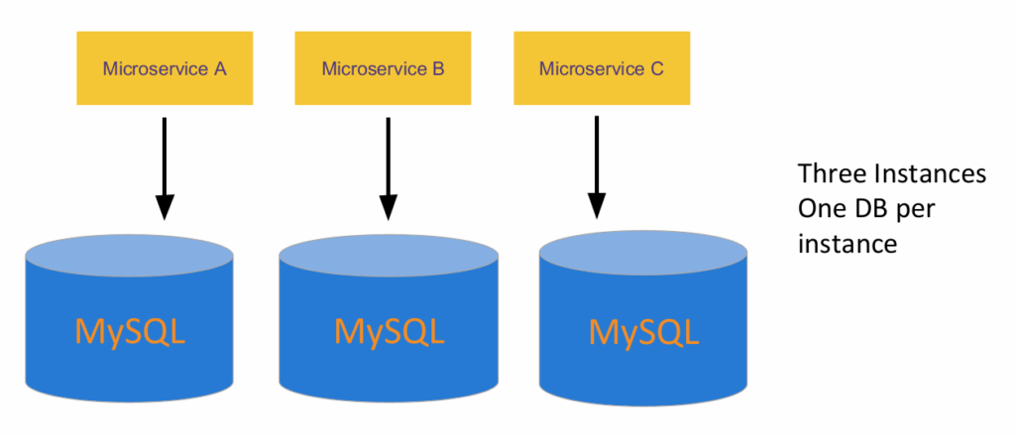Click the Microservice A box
coord(165,68)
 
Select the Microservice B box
coord(383,68)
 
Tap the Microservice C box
coord(601,68)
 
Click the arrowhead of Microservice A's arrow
coord(165,206)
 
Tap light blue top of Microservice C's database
coord(643,253)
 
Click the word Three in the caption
coord(829,175)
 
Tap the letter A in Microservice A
coord(220,68)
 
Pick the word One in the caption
coord(822,209)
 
